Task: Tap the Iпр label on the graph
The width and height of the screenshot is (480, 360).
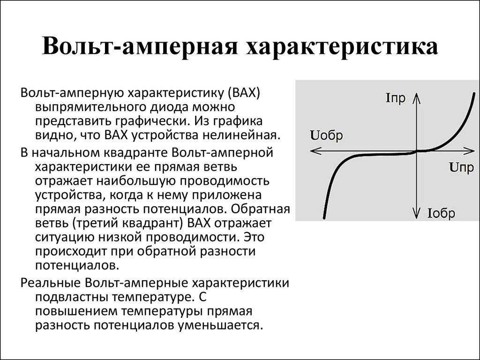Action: (396, 98)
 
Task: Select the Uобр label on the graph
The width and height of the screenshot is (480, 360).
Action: (327, 135)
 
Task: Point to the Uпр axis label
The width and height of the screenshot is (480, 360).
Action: (462, 167)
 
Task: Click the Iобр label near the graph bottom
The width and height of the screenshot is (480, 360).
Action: (441, 213)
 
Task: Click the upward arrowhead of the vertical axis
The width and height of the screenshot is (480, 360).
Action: (416, 98)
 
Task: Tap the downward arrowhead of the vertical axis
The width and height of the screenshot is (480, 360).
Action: (416, 213)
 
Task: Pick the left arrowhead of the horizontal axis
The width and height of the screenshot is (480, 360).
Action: (315, 150)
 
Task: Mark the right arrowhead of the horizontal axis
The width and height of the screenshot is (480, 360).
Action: (469, 150)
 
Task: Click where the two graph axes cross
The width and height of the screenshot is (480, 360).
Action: (416, 150)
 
